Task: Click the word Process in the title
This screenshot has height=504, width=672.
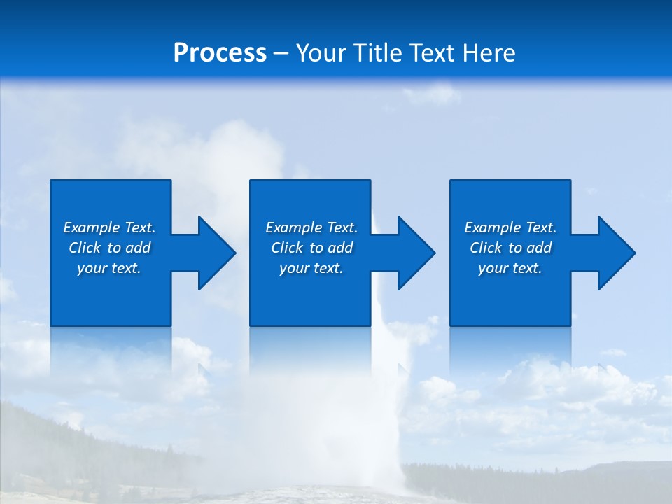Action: pos(220,53)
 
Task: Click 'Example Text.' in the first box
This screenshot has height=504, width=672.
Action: pos(109,227)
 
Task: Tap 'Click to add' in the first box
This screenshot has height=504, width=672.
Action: pos(109,248)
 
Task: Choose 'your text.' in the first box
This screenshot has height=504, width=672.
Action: pos(109,268)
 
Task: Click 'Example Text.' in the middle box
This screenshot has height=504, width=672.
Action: pos(311,227)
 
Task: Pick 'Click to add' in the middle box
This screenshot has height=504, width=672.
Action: pos(311,248)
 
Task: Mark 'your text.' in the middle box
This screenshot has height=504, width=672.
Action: pos(311,268)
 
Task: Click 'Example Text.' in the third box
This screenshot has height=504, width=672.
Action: pos(510,227)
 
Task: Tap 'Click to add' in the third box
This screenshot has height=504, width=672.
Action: pos(510,248)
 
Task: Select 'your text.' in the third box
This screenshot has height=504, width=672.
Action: pos(510,268)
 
